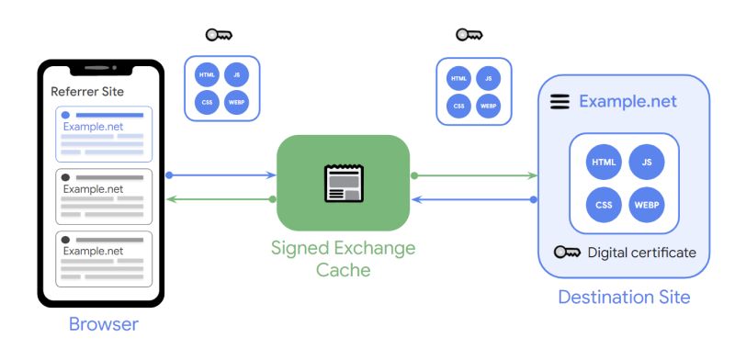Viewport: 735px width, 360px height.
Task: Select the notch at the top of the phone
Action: tap(100, 68)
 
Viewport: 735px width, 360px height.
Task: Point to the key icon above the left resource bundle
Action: tap(219, 36)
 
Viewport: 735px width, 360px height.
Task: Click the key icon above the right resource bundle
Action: tap(469, 35)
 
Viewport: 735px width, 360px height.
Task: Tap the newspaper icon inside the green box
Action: tap(343, 182)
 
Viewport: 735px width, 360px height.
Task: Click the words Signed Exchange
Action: tap(343, 248)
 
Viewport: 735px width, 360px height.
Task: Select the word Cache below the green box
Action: tap(343, 270)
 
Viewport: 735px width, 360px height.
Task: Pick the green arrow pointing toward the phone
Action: tap(220, 198)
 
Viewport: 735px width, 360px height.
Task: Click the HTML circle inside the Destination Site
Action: tap(604, 163)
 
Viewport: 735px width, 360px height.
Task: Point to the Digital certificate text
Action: tap(642, 253)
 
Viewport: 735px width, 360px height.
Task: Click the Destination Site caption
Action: tap(624, 298)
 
